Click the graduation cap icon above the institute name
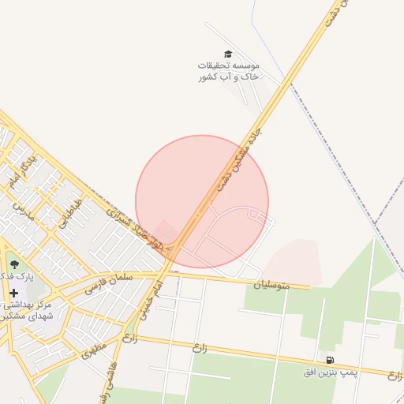[x=228, y=53]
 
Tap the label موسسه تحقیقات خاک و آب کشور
[x=228, y=71]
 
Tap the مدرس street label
[x=24, y=211]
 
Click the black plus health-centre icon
[x=13, y=293]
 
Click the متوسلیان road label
[x=267, y=284]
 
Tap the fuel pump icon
[x=329, y=360]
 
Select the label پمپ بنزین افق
[x=327, y=372]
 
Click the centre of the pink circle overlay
[x=202, y=201]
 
